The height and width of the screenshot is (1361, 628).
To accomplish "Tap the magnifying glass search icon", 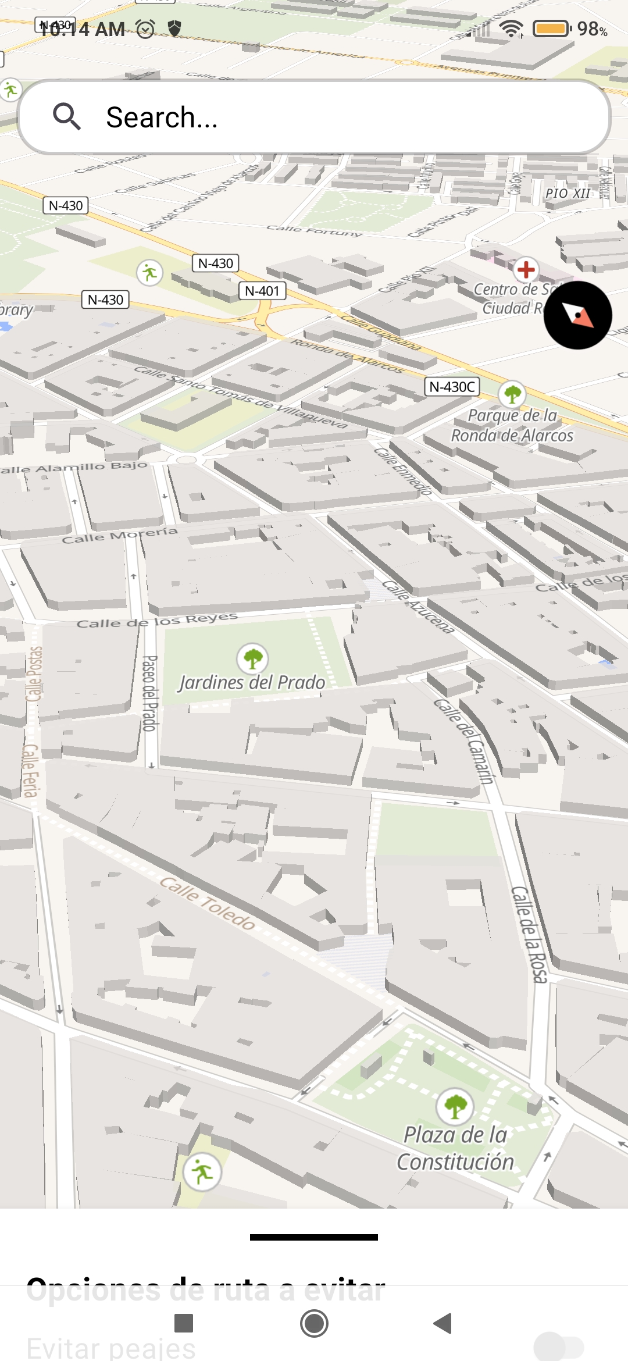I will tap(67, 116).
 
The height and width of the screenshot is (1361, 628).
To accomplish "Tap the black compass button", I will tap(577, 315).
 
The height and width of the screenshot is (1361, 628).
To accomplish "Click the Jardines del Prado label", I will tap(252, 682).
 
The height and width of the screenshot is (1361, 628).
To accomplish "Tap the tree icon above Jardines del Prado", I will tap(252, 658).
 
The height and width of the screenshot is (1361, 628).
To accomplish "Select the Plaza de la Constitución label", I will tap(455, 1148).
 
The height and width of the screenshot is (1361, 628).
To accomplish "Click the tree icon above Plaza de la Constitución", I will tap(455, 1106).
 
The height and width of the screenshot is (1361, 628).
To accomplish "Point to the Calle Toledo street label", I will tap(208, 903).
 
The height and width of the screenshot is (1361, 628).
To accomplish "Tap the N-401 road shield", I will tap(262, 291).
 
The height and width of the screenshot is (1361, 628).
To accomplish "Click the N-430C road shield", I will tap(452, 387).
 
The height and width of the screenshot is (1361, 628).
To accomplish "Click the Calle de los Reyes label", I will tap(157, 621).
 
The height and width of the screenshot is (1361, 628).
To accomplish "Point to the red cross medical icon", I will tap(526, 269).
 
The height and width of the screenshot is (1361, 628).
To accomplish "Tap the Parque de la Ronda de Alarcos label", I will tap(512, 425).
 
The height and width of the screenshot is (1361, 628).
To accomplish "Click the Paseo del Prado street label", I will tap(150, 693).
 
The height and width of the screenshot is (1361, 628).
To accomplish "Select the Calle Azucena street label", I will tap(418, 607).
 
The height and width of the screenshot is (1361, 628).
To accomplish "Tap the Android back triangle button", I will tap(443, 1323).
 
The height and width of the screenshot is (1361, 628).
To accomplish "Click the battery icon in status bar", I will tap(551, 28).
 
